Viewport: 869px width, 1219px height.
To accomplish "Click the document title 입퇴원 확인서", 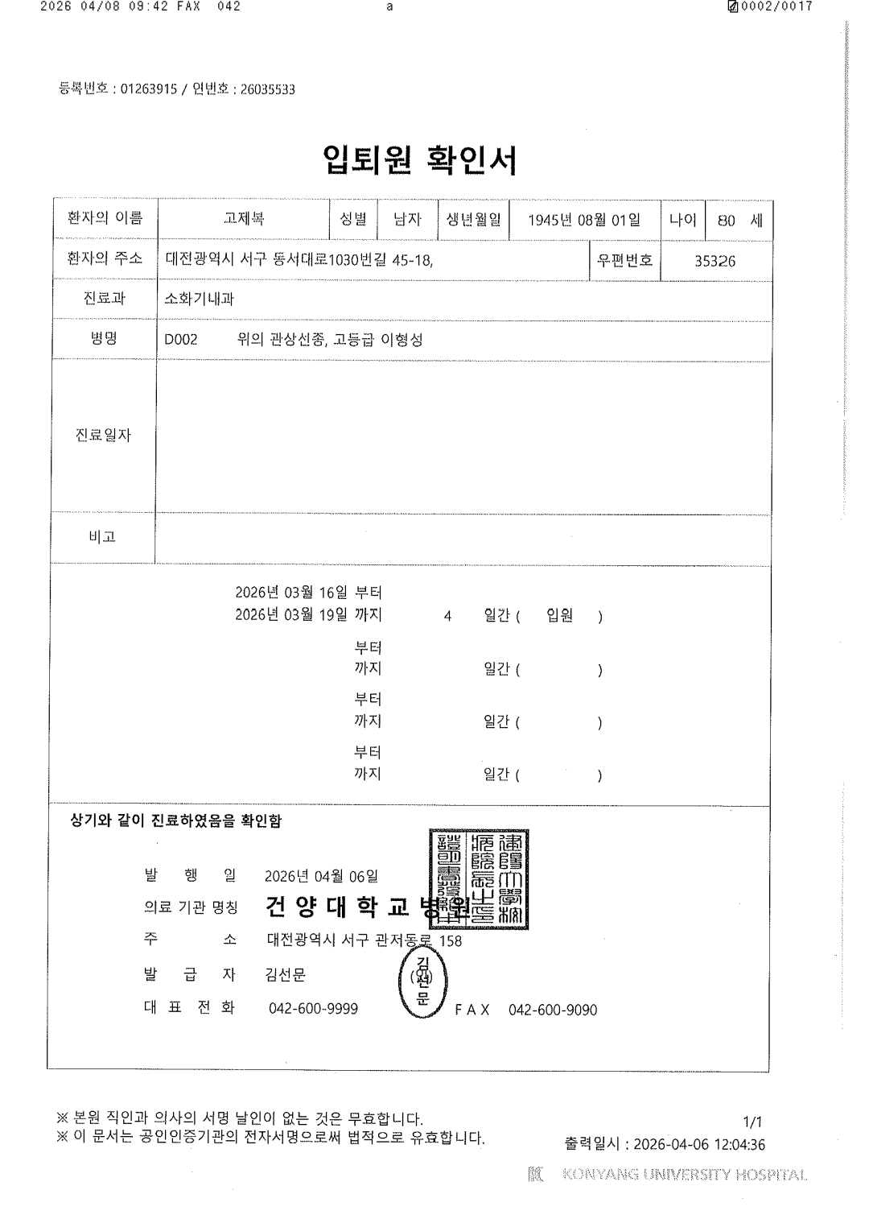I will pos(419,160).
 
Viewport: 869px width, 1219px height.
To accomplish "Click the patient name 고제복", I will pos(244,219).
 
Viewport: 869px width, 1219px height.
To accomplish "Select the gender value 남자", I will pos(407,219).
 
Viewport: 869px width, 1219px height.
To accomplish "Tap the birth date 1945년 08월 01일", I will pos(584,220).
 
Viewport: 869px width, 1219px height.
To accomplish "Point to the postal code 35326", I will pos(715,261).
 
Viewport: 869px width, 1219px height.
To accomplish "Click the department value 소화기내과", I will pos(199,299).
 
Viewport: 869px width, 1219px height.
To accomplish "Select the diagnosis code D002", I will pos(181,340).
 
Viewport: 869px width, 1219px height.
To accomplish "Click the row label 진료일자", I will pos(103,435).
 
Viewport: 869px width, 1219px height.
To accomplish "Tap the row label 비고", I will pos(102,536).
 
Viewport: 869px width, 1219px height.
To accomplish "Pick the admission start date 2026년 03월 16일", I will pos(291,593).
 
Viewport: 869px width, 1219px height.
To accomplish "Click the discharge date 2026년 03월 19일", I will pos(291,615).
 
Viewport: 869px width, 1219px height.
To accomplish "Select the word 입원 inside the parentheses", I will pos(559,616).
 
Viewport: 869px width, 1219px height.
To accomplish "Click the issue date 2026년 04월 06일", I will pos(321,876).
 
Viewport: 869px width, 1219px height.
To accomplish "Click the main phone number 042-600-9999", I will pos(313,1009).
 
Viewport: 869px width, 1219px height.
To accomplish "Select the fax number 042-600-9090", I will pos(553,1010).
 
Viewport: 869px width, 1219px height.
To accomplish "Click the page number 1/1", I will pos(753,1122).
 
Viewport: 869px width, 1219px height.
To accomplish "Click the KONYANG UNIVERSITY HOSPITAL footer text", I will pos(684,1175).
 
